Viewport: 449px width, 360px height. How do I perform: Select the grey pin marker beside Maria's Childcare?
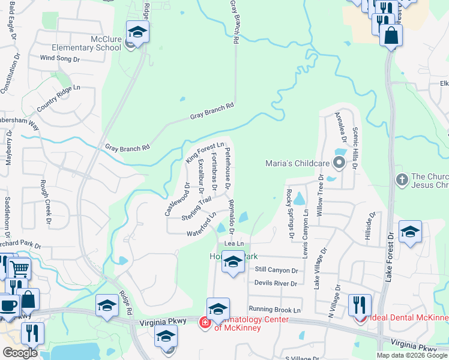tap(340, 162)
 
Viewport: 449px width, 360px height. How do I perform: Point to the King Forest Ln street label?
tap(205, 152)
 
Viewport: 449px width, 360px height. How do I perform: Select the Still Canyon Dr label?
tap(276, 271)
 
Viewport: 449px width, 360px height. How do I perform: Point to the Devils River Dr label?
tap(276, 283)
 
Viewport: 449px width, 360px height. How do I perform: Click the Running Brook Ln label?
tap(274, 310)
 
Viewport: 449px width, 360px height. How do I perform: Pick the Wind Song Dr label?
tap(59, 59)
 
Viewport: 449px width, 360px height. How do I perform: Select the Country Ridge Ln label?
tap(58, 98)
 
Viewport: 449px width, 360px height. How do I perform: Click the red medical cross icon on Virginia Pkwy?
tap(205, 323)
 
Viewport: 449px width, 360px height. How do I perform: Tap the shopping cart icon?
tap(20, 269)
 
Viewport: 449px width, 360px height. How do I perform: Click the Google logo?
tap(20, 353)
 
